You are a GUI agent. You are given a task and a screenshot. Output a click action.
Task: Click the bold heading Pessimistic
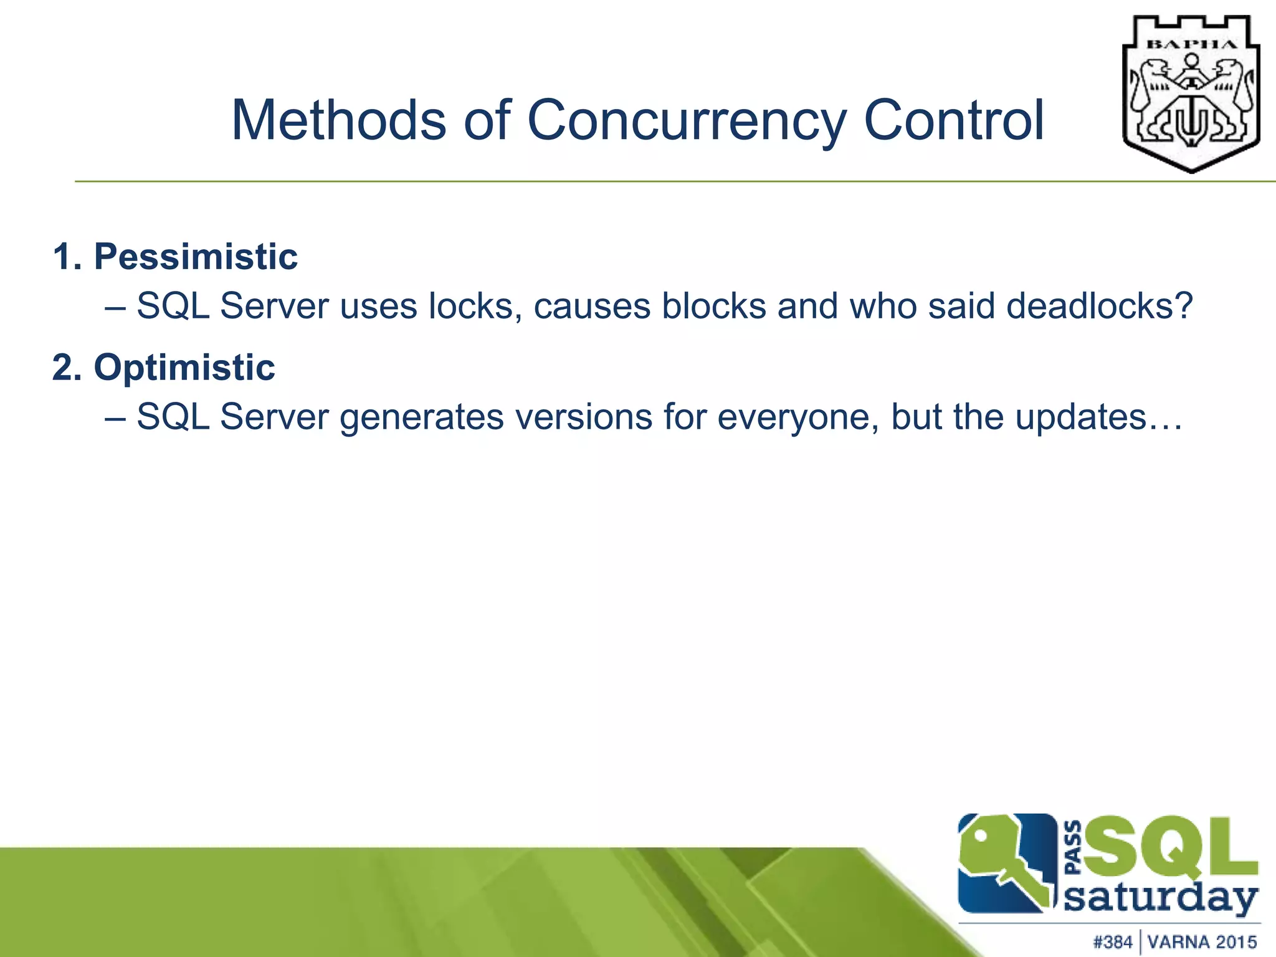click(x=195, y=257)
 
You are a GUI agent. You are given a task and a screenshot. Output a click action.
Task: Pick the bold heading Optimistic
click(x=184, y=368)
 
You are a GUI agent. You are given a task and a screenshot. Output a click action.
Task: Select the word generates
click(x=421, y=417)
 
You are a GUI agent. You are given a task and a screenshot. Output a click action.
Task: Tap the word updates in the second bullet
click(x=1081, y=417)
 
